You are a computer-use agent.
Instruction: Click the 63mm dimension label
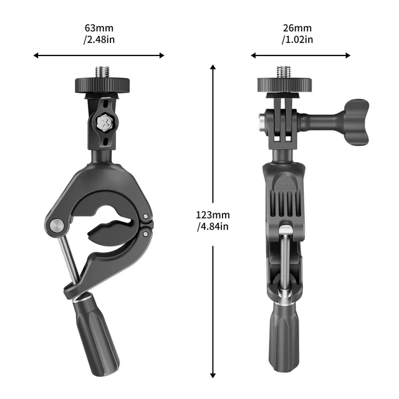[99, 28]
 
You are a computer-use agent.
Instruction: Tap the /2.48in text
[99, 41]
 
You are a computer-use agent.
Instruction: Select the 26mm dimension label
[298, 28]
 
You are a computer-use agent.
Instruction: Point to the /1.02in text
[298, 41]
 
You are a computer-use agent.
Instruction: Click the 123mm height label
[213, 214]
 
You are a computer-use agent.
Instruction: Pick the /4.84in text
[213, 226]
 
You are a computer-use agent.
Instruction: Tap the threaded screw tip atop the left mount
[100, 72]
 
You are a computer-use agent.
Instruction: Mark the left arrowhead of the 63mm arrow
[36, 55]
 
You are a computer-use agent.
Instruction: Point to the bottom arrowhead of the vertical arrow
[213, 375]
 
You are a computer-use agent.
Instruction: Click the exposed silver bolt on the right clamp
[284, 262]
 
